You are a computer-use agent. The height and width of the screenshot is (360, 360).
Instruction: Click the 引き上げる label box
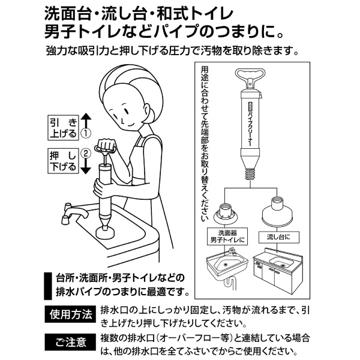click(x=63, y=128)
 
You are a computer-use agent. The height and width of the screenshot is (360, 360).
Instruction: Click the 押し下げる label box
click(x=63, y=161)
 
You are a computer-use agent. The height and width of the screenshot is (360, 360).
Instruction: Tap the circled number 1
click(x=86, y=133)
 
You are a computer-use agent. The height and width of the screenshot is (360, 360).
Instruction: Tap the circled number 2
click(x=86, y=154)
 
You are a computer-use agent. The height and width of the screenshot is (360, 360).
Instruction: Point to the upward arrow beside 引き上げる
click(x=86, y=121)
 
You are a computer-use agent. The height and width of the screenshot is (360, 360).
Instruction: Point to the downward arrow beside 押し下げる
click(x=86, y=166)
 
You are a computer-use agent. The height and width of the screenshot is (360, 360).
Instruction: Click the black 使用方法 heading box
click(x=70, y=314)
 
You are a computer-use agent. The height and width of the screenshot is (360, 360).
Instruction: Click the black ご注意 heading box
click(x=70, y=342)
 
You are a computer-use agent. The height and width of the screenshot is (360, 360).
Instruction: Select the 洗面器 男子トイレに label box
click(x=227, y=236)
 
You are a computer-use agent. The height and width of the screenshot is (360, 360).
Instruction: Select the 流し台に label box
click(x=279, y=237)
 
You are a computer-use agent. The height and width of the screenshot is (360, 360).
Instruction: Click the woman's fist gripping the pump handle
click(x=106, y=144)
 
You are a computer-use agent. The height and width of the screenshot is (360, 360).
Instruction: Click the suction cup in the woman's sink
click(x=105, y=232)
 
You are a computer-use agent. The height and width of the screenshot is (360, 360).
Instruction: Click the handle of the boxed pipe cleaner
click(x=250, y=76)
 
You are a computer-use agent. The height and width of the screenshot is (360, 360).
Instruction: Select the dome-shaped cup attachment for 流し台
click(x=277, y=212)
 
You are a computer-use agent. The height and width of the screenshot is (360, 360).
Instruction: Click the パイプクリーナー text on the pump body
click(x=250, y=130)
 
